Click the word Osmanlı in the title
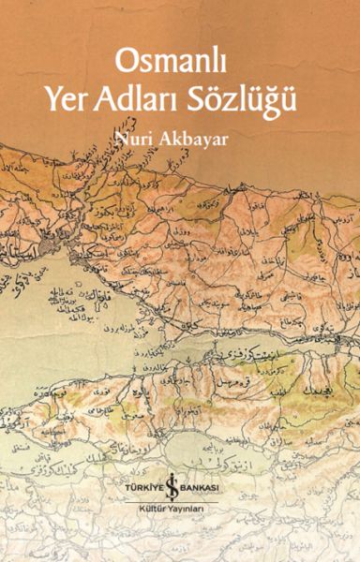click(x=172, y=62)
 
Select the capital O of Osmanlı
click(x=127, y=62)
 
